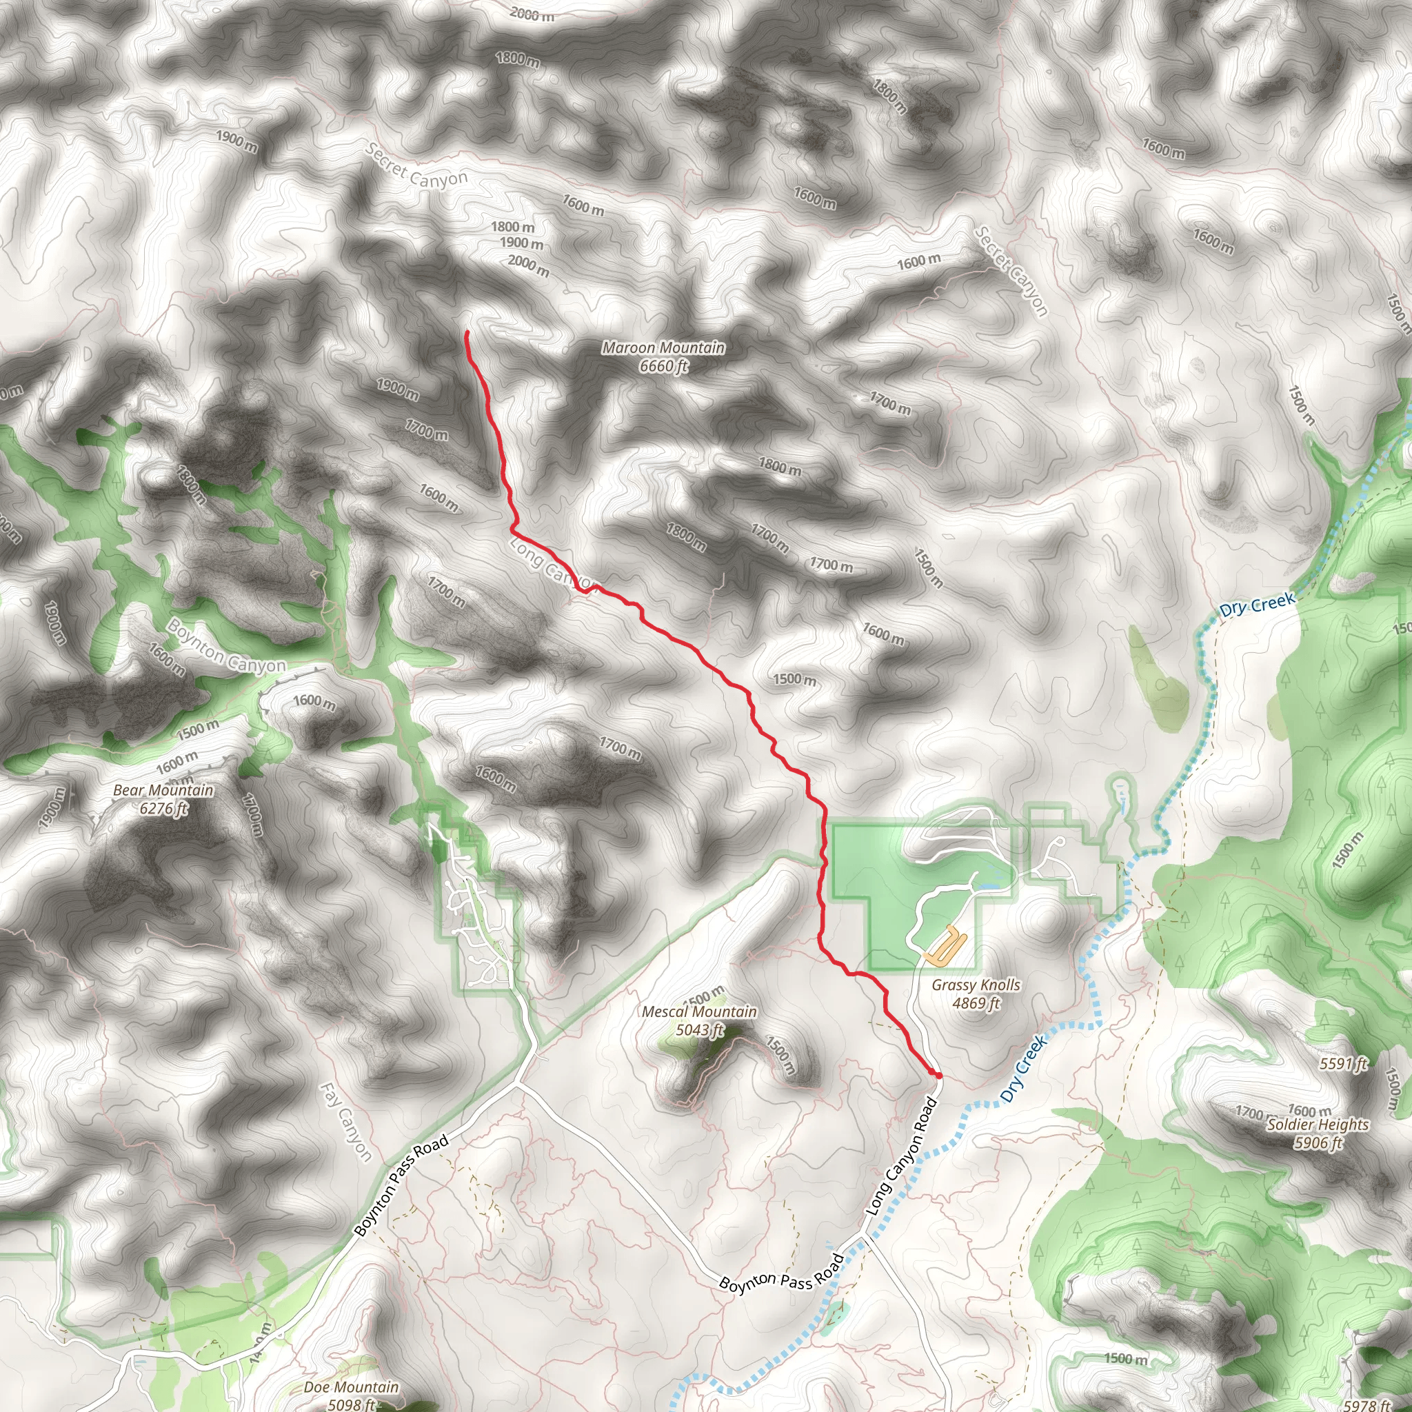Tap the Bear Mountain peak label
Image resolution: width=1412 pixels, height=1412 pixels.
pos(163,790)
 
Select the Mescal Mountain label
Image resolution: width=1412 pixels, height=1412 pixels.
pos(698,1011)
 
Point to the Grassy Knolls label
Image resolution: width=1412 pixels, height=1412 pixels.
pos(976,985)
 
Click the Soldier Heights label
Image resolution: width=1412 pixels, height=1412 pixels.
pos(1318,1124)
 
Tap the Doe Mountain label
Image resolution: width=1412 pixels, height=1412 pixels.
pos(352,1386)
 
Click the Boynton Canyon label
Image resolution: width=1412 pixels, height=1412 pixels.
pos(226,646)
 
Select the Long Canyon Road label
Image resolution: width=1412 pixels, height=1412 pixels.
pos(901,1156)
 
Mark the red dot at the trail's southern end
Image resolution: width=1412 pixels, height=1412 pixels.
pos(937,1074)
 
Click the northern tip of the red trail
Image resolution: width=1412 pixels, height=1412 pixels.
pos(466,332)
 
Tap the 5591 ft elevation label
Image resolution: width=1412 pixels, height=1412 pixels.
pos(1343,1063)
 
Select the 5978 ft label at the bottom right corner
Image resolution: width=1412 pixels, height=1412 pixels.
pos(1366,1404)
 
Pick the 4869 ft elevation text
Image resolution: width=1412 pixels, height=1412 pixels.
pos(976,1002)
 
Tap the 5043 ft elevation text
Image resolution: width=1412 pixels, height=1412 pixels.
pos(698,1030)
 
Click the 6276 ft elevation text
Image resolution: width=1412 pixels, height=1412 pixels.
pos(163,808)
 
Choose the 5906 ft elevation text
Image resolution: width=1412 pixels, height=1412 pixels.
pos(1318,1142)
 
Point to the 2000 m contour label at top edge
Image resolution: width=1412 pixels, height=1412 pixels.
pos(532,14)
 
